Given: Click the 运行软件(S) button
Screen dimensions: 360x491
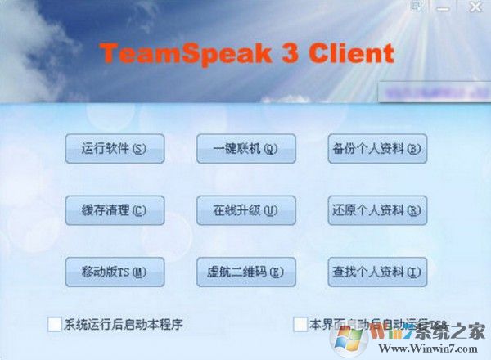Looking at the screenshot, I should [115, 149].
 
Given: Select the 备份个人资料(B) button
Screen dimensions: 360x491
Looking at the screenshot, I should [377, 149].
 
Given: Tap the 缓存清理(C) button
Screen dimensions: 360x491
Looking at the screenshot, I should [115, 210].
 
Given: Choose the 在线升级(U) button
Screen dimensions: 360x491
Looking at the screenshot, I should [245, 210].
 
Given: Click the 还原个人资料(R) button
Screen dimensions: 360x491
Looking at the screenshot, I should [377, 210].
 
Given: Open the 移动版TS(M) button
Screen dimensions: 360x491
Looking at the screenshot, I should [115, 271].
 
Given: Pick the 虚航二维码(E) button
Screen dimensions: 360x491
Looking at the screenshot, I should [245, 271].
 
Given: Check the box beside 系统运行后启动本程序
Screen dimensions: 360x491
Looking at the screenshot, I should [55, 324].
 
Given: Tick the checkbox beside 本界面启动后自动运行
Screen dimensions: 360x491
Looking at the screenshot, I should [300, 324].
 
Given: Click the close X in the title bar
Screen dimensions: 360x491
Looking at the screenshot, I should [474, 7].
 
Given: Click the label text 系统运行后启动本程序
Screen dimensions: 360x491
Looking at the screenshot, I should [123, 324].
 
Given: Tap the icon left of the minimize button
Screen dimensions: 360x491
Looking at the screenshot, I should [417, 7].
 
